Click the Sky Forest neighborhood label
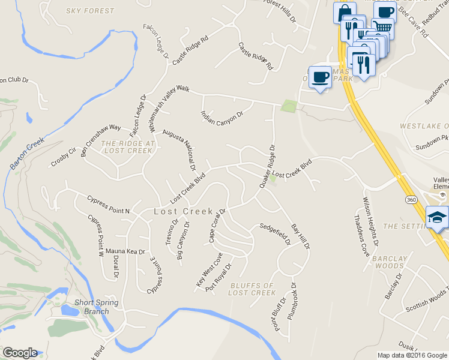point(91,11)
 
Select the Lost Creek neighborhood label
point(184,212)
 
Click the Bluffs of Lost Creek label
point(252,289)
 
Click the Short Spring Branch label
point(97,307)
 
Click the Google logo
point(20,353)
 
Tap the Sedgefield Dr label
point(275,235)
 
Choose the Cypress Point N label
point(108,205)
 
